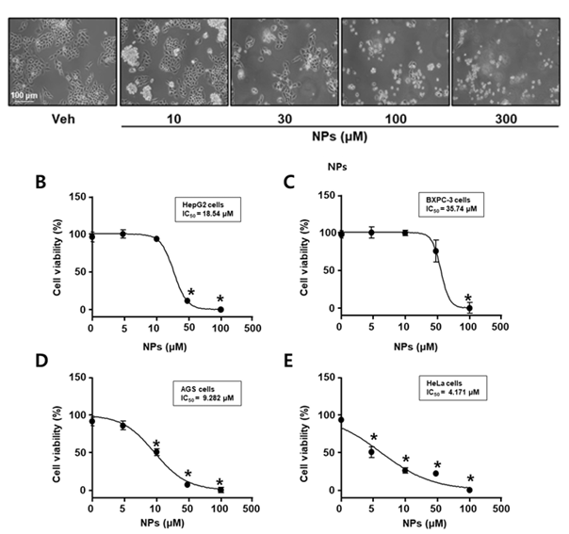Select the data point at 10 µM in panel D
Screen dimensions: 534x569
(x=156, y=452)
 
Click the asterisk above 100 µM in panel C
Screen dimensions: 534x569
(x=468, y=299)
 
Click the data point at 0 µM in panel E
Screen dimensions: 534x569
(x=340, y=420)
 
